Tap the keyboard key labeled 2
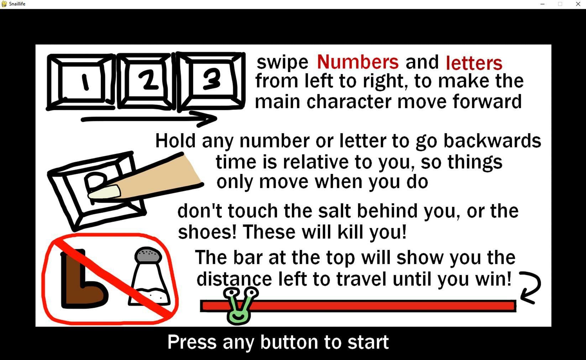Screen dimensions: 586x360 [146, 81]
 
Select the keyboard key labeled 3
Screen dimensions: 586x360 [211, 81]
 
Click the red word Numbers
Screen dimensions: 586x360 [358, 62]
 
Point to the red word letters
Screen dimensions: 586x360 [474, 63]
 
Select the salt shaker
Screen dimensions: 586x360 [148, 276]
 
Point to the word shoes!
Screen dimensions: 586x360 [207, 232]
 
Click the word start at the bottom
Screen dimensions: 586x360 [368, 342]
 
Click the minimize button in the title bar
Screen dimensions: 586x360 [543, 4]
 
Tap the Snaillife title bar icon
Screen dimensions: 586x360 [4, 4]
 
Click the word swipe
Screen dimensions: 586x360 [283, 63]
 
